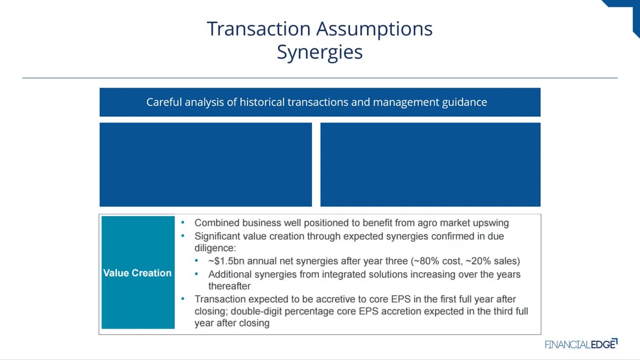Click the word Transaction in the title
(x=259, y=29)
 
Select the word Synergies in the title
(x=319, y=53)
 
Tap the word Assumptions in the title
(x=374, y=30)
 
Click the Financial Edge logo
(x=581, y=344)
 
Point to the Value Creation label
(x=138, y=273)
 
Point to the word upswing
(x=491, y=223)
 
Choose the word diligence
(x=215, y=248)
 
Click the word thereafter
(x=229, y=286)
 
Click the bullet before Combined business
(x=183, y=222)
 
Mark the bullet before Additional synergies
(x=196, y=274)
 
